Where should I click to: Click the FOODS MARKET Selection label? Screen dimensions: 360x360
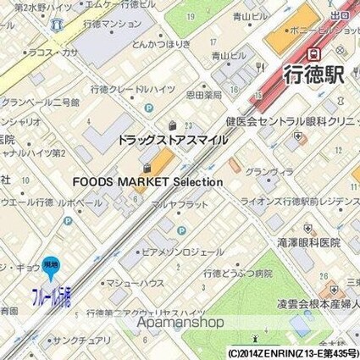(x=147, y=181)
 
